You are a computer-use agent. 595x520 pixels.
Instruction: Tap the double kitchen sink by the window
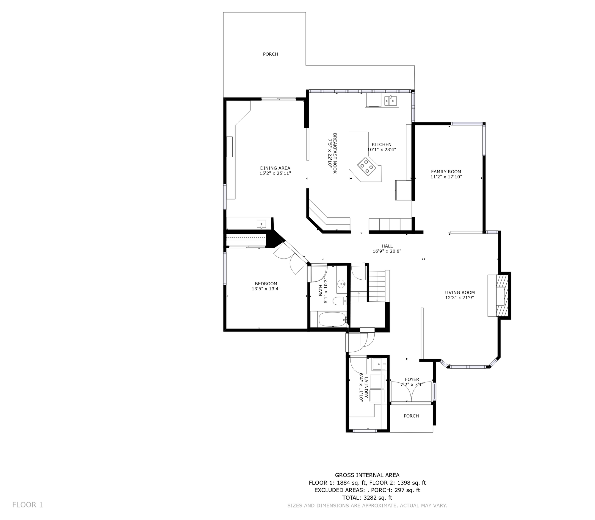pyautogui.click(x=390, y=101)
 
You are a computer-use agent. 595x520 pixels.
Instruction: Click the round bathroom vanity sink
pyautogui.click(x=341, y=283)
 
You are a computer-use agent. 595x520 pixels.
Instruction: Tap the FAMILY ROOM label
pyautogui.click(x=446, y=172)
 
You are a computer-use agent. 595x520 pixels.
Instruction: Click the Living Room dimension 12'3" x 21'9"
pyautogui.click(x=459, y=297)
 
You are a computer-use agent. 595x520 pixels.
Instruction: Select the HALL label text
pyautogui.click(x=387, y=246)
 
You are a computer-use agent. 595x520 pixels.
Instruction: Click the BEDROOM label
pyautogui.click(x=266, y=284)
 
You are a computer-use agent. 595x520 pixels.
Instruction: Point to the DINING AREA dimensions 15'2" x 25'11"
pyautogui.click(x=275, y=173)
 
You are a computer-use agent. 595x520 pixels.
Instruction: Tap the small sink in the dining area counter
pyautogui.click(x=261, y=224)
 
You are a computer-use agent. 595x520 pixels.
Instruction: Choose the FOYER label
pyautogui.click(x=412, y=379)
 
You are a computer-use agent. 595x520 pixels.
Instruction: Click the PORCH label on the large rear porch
pyautogui.click(x=270, y=54)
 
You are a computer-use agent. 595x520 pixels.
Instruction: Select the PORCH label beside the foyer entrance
pyautogui.click(x=411, y=416)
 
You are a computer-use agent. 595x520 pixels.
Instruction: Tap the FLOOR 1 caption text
pyautogui.click(x=28, y=505)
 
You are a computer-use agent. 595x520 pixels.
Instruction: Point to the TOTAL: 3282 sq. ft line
pyautogui.click(x=367, y=498)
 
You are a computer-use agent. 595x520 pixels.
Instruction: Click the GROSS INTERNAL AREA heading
pyautogui.click(x=367, y=475)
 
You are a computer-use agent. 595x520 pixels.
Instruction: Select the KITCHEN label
pyautogui.click(x=381, y=144)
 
